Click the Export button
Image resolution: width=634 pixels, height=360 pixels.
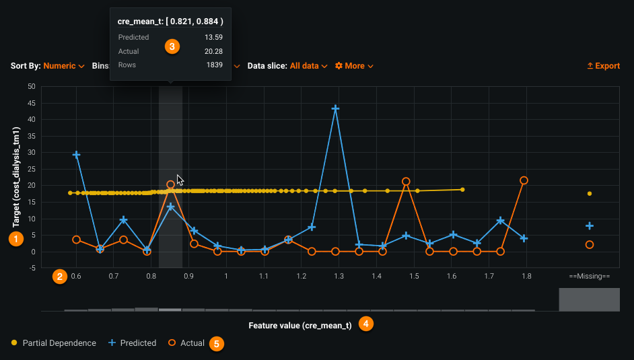pyautogui.click(x=604, y=66)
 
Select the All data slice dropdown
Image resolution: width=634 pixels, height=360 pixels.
pyautogui.click(x=308, y=66)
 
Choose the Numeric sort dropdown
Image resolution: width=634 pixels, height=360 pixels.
pyautogui.click(x=63, y=66)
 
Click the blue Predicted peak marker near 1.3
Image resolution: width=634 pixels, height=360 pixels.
pyautogui.click(x=335, y=108)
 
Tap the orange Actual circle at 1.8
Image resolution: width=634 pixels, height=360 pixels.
pyautogui.click(x=524, y=180)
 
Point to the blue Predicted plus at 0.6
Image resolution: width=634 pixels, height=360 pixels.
pyautogui.click(x=76, y=155)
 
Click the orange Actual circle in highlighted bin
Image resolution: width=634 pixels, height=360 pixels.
pyautogui.click(x=171, y=184)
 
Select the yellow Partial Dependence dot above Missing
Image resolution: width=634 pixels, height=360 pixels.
pyautogui.click(x=590, y=194)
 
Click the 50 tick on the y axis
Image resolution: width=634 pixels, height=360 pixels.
pyautogui.click(x=31, y=86)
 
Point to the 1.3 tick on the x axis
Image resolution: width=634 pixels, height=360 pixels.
pyautogui.click(x=339, y=276)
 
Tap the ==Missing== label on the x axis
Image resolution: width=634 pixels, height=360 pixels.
pyautogui.click(x=589, y=276)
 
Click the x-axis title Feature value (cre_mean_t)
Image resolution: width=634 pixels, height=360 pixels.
pyautogui.click(x=300, y=326)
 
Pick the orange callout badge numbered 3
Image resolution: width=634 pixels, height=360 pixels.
pyautogui.click(x=173, y=46)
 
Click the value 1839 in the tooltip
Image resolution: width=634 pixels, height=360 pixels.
pyautogui.click(x=214, y=65)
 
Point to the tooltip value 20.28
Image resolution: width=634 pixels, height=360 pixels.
pyautogui.click(x=213, y=51)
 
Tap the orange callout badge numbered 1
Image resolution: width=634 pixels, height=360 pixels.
pyautogui.click(x=14, y=238)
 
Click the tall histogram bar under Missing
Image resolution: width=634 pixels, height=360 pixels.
pyautogui.click(x=589, y=299)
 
